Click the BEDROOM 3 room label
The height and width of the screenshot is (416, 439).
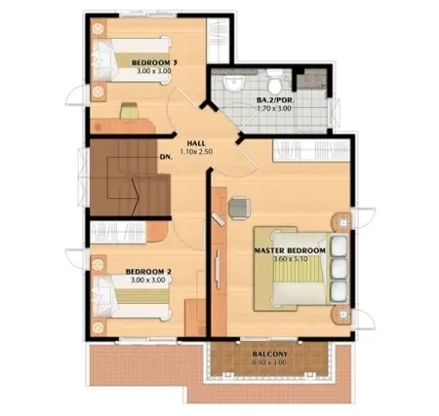(x=151, y=62)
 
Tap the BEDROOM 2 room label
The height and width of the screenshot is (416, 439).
(x=148, y=272)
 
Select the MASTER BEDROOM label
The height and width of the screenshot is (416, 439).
(x=290, y=250)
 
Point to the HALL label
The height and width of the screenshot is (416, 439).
(x=196, y=143)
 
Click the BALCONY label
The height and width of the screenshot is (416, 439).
(x=270, y=354)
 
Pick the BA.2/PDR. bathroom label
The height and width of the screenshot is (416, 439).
(x=275, y=100)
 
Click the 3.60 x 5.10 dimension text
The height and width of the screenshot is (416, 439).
(x=291, y=259)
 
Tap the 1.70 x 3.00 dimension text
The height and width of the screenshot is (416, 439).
(x=274, y=108)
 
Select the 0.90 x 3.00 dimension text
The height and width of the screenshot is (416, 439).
(x=269, y=362)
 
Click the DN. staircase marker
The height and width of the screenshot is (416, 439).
(x=166, y=157)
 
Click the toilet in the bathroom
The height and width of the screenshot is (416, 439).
(x=275, y=82)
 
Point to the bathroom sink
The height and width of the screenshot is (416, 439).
(x=233, y=84)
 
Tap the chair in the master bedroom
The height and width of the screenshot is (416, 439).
(x=239, y=208)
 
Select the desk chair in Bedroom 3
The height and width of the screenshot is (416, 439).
(x=130, y=111)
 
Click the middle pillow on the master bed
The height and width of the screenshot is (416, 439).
(x=339, y=268)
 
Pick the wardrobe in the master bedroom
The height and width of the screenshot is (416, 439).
(x=311, y=150)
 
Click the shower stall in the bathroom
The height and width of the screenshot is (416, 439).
(x=311, y=78)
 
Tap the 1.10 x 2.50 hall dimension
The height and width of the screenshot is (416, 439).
(x=196, y=152)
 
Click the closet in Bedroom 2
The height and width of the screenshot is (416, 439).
(x=118, y=232)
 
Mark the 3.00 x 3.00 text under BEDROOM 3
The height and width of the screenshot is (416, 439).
(x=154, y=71)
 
